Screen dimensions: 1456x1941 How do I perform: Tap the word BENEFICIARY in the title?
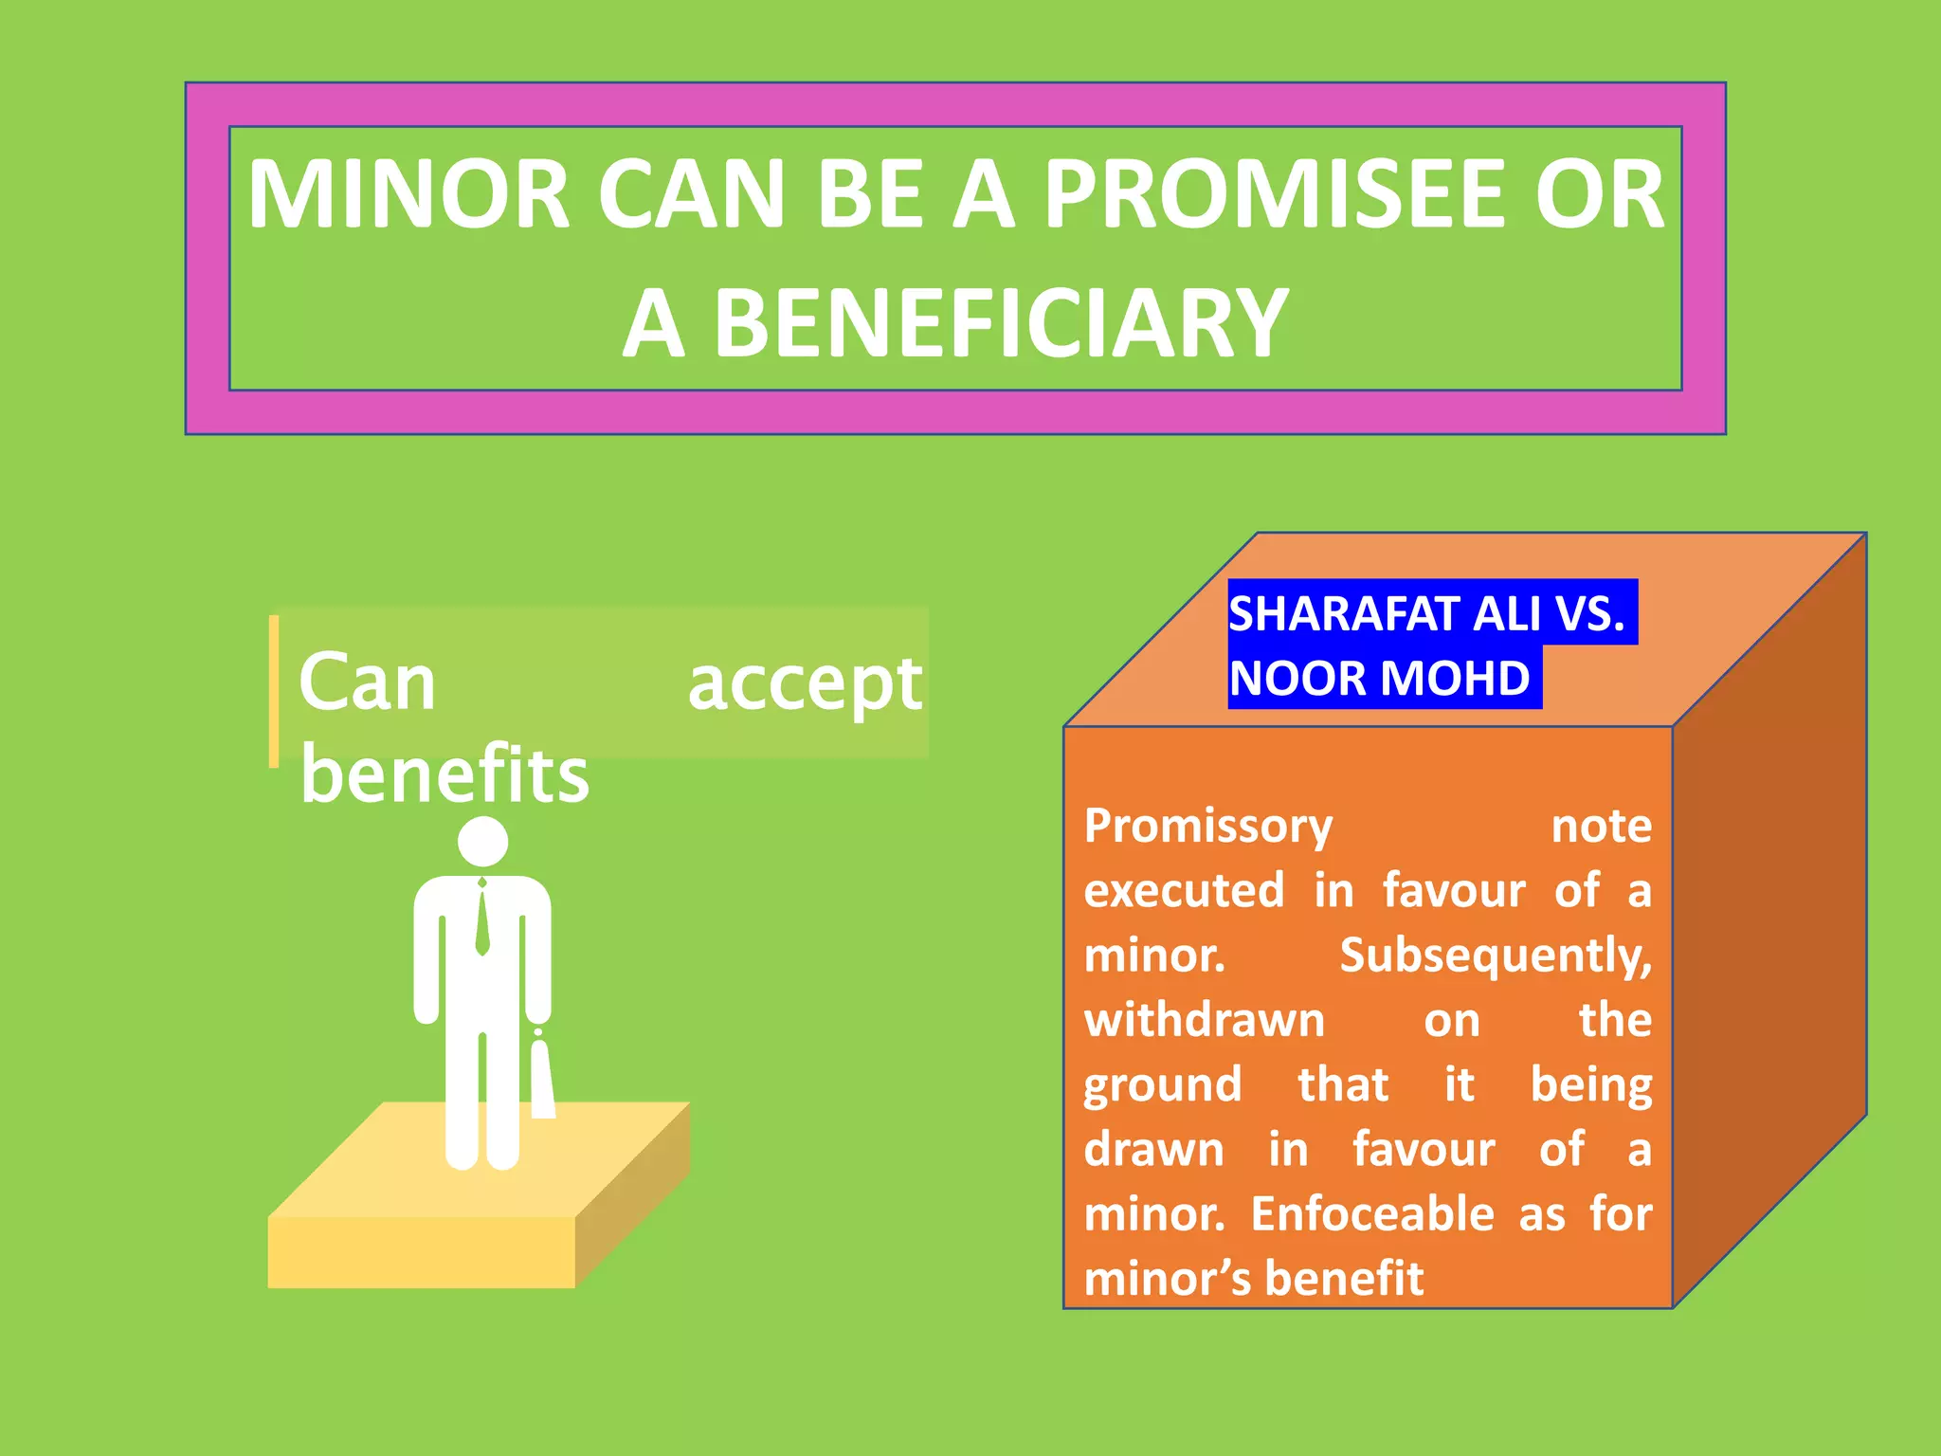(x=1001, y=324)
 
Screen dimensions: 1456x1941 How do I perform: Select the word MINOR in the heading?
(x=408, y=194)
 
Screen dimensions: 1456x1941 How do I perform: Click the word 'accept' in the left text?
(x=805, y=684)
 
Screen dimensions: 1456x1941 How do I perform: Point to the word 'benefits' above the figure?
(x=444, y=774)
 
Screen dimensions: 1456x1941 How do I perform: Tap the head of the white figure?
(x=482, y=842)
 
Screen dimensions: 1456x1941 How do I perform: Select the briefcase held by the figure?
(x=542, y=1081)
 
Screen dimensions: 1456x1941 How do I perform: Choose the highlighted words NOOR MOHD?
(x=1379, y=679)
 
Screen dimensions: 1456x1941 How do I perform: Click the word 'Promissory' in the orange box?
(x=1208, y=826)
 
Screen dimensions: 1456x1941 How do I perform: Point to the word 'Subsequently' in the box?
(x=1495, y=955)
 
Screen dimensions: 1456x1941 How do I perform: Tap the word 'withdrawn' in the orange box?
(x=1204, y=1021)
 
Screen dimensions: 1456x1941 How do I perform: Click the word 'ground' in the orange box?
(x=1162, y=1085)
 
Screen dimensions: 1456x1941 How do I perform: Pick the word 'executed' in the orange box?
(x=1184, y=891)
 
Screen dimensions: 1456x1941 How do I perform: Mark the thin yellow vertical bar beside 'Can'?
(x=274, y=691)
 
